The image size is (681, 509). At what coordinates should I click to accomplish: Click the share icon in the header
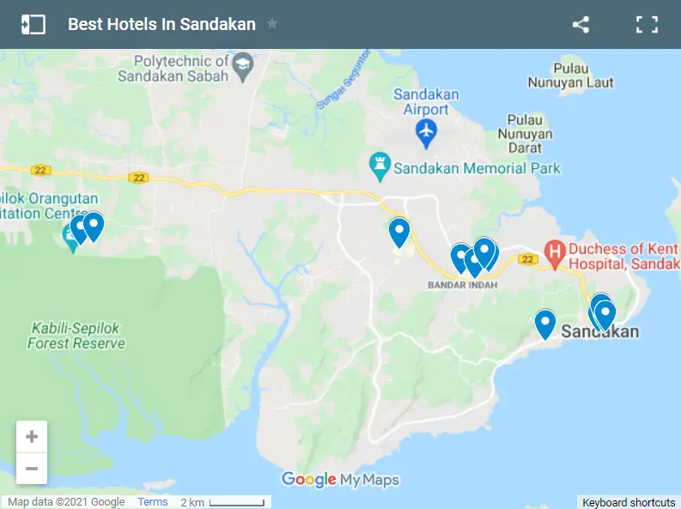pos(581,24)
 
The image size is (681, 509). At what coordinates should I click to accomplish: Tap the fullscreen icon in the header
pos(647,24)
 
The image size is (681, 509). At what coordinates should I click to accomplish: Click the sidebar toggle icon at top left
pos(33,24)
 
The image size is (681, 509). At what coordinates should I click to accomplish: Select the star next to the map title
pos(272,24)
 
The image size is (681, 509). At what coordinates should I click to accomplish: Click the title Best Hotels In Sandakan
pos(161,24)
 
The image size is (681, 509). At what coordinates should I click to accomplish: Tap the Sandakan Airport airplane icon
pos(426,132)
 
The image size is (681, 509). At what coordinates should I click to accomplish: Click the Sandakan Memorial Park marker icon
pos(379,162)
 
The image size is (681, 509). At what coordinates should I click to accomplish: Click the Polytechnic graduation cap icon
pos(244,67)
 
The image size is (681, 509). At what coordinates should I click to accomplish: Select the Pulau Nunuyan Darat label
pos(530,134)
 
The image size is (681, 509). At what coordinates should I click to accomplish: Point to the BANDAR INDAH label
pos(462,286)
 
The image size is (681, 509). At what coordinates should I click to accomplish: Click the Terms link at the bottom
pos(153,502)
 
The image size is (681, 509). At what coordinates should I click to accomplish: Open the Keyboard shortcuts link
pos(629,502)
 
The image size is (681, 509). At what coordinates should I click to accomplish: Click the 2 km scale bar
pos(222,502)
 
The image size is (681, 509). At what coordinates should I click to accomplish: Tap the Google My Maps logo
pos(340,480)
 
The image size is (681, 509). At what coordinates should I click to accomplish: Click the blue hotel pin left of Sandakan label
pos(545,324)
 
